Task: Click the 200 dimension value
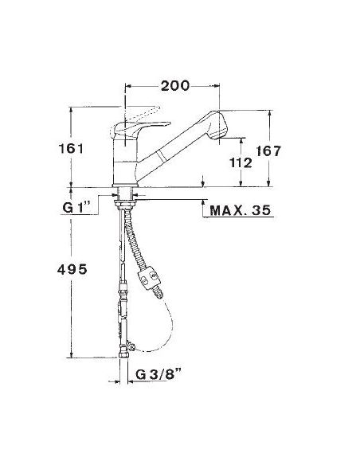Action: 174,86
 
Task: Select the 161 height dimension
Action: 71,148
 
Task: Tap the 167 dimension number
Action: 268,151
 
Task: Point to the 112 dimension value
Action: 241,162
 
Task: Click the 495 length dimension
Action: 72,269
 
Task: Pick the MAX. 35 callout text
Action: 241,210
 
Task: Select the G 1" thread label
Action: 76,207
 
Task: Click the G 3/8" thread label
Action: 158,374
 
